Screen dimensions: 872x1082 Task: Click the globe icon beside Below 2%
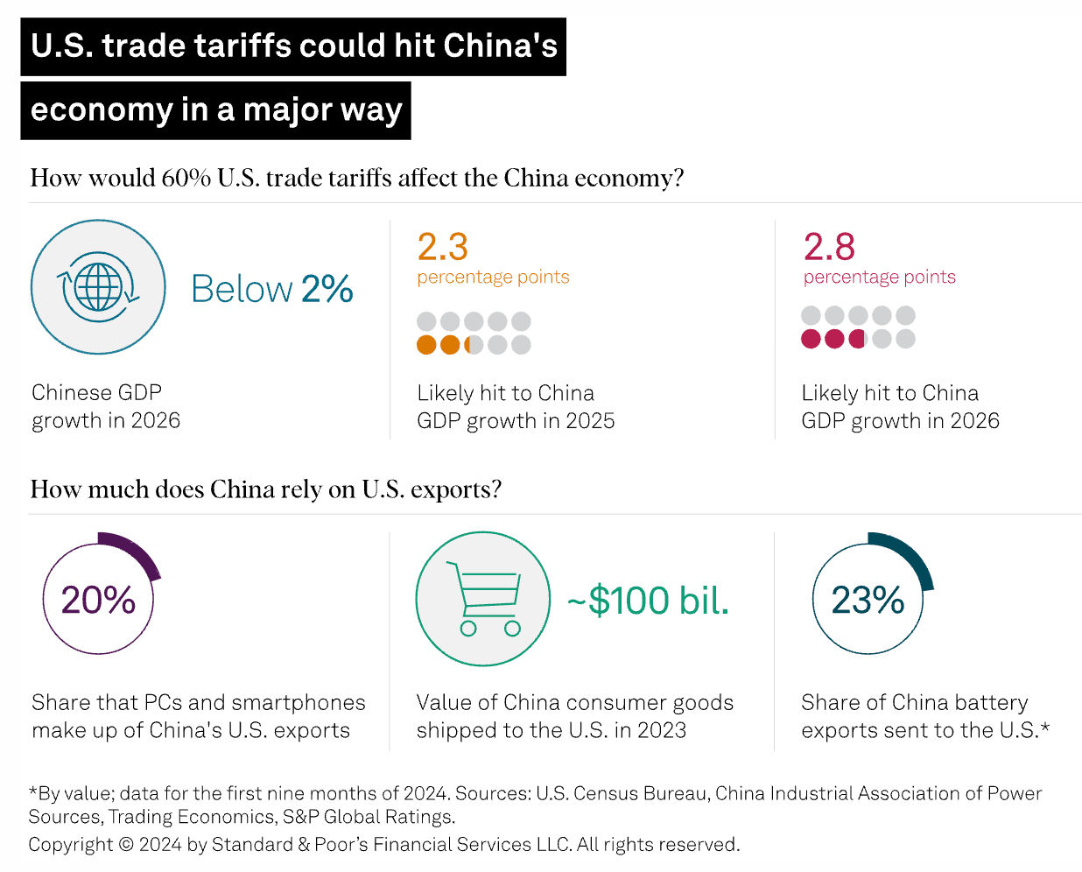pyautogui.click(x=98, y=287)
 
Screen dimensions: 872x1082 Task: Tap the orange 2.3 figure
pyautogui.click(x=442, y=248)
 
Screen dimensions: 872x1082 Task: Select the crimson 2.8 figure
pyautogui.click(x=829, y=248)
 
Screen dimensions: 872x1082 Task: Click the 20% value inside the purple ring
pyautogui.click(x=98, y=601)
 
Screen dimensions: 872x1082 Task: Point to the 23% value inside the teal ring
pyautogui.click(x=868, y=601)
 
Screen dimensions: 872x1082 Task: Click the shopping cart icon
pyautogui.click(x=483, y=599)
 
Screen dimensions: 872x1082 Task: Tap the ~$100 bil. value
pyautogui.click(x=648, y=601)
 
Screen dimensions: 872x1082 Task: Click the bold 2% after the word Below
pyautogui.click(x=327, y=289)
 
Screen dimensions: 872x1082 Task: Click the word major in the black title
pyautogui.click(x=284, y=110)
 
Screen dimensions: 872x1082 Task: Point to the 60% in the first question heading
pyautogui.click(x=186, y=178)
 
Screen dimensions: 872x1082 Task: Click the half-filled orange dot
pyautogui.click(x=474, y=345)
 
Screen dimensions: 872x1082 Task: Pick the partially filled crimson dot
pyautogui.click(x=858, y=339)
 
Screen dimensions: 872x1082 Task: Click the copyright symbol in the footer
pyautogui.click(x=126, y=845)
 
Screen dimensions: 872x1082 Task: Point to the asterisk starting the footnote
pyautogui.click(x=33, y=791)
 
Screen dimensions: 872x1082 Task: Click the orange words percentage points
pyautogui.click(x=493, y=278)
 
